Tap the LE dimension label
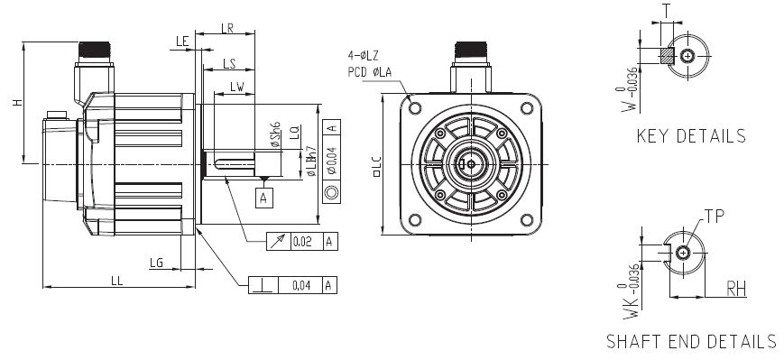coord(181,42)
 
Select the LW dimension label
coord(237,87)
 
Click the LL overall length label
coord(117,281)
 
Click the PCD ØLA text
coord(370,71)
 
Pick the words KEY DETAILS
coord(691,136)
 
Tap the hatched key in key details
coord(666,56)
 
